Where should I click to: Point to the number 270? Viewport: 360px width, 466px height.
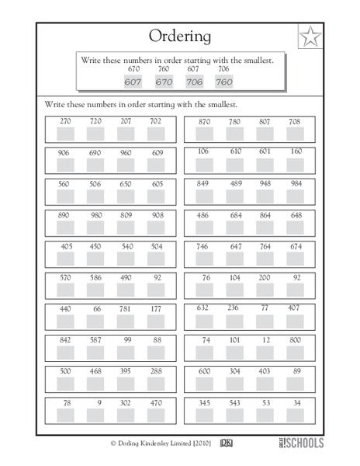(64, 121)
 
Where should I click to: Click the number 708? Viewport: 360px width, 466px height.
(294, 121)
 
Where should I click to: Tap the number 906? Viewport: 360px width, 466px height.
(64, 152)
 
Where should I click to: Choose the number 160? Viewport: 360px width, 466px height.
(296, 151)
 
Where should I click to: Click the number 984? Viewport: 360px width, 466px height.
(295, 183)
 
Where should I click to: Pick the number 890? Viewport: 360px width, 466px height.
(64, 214)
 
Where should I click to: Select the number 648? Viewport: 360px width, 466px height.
(296, 214)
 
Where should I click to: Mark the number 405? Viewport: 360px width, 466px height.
(64, 245)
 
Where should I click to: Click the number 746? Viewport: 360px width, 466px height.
(202, 245)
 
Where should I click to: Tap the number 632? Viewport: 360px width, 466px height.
(202, 308)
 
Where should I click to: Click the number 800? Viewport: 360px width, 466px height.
(295, 339)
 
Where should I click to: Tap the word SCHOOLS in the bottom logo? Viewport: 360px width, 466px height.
(306, 443)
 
